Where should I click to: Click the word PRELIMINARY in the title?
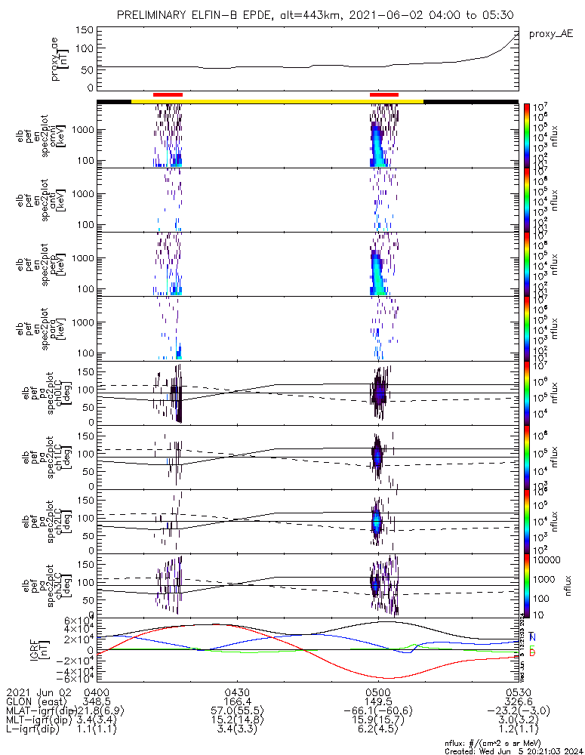point(155,15)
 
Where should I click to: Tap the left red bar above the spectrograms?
point(168,94)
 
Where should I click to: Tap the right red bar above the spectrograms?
point(384,94)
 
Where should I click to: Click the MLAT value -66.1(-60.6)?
point(378,711)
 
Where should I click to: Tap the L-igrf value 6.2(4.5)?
point(378,729)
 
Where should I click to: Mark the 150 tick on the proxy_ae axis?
point(85,30)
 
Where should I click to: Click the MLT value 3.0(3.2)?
point(519,720)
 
